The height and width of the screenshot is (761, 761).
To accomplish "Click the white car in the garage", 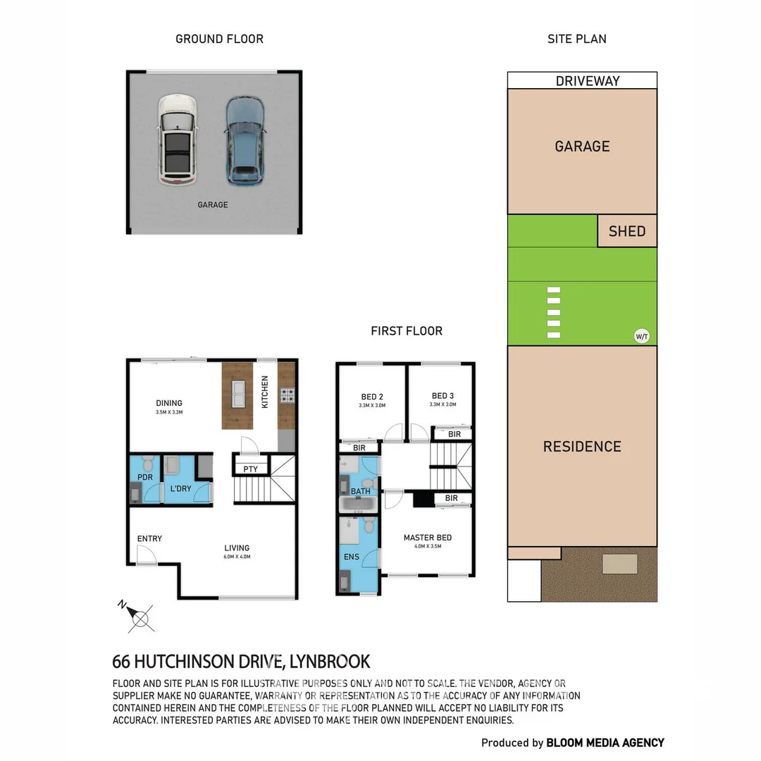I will [177, 140].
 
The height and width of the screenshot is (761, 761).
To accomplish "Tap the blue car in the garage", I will [245, 140].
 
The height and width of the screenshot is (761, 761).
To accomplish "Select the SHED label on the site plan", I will [626, 231].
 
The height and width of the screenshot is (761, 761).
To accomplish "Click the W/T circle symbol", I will [641, 336].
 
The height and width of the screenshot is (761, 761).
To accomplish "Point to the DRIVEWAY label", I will [588, 81].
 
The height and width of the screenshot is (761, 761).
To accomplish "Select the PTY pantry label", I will [250, 469].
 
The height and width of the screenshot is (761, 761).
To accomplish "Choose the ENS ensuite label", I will [352, 557].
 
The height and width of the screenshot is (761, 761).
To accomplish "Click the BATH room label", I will [361, 491].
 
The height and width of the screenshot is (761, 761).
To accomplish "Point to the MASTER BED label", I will [427, 538].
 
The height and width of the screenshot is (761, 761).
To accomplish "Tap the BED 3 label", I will [443, 396].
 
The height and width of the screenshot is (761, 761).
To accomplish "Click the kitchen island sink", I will [237, 390].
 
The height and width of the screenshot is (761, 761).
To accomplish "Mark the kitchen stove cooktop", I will [287, 395].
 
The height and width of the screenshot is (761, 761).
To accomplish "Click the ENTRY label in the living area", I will [149, 538].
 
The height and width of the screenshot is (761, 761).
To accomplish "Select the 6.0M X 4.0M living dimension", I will [237, 557].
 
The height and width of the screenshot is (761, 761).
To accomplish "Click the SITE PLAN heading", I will [576, 39].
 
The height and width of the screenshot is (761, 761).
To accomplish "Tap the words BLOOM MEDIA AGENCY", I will [605, 742].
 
